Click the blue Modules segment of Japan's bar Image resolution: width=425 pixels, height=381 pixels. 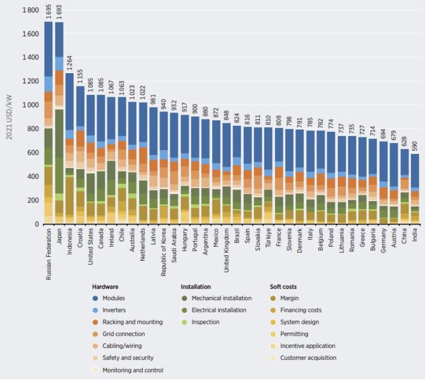point(59,39)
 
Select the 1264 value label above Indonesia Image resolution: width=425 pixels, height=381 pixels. point(70,64)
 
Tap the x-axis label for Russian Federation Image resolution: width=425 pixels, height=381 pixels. point(48,254)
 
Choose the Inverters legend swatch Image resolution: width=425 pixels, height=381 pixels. point(95,310)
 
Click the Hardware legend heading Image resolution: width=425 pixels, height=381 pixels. point(105,286)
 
